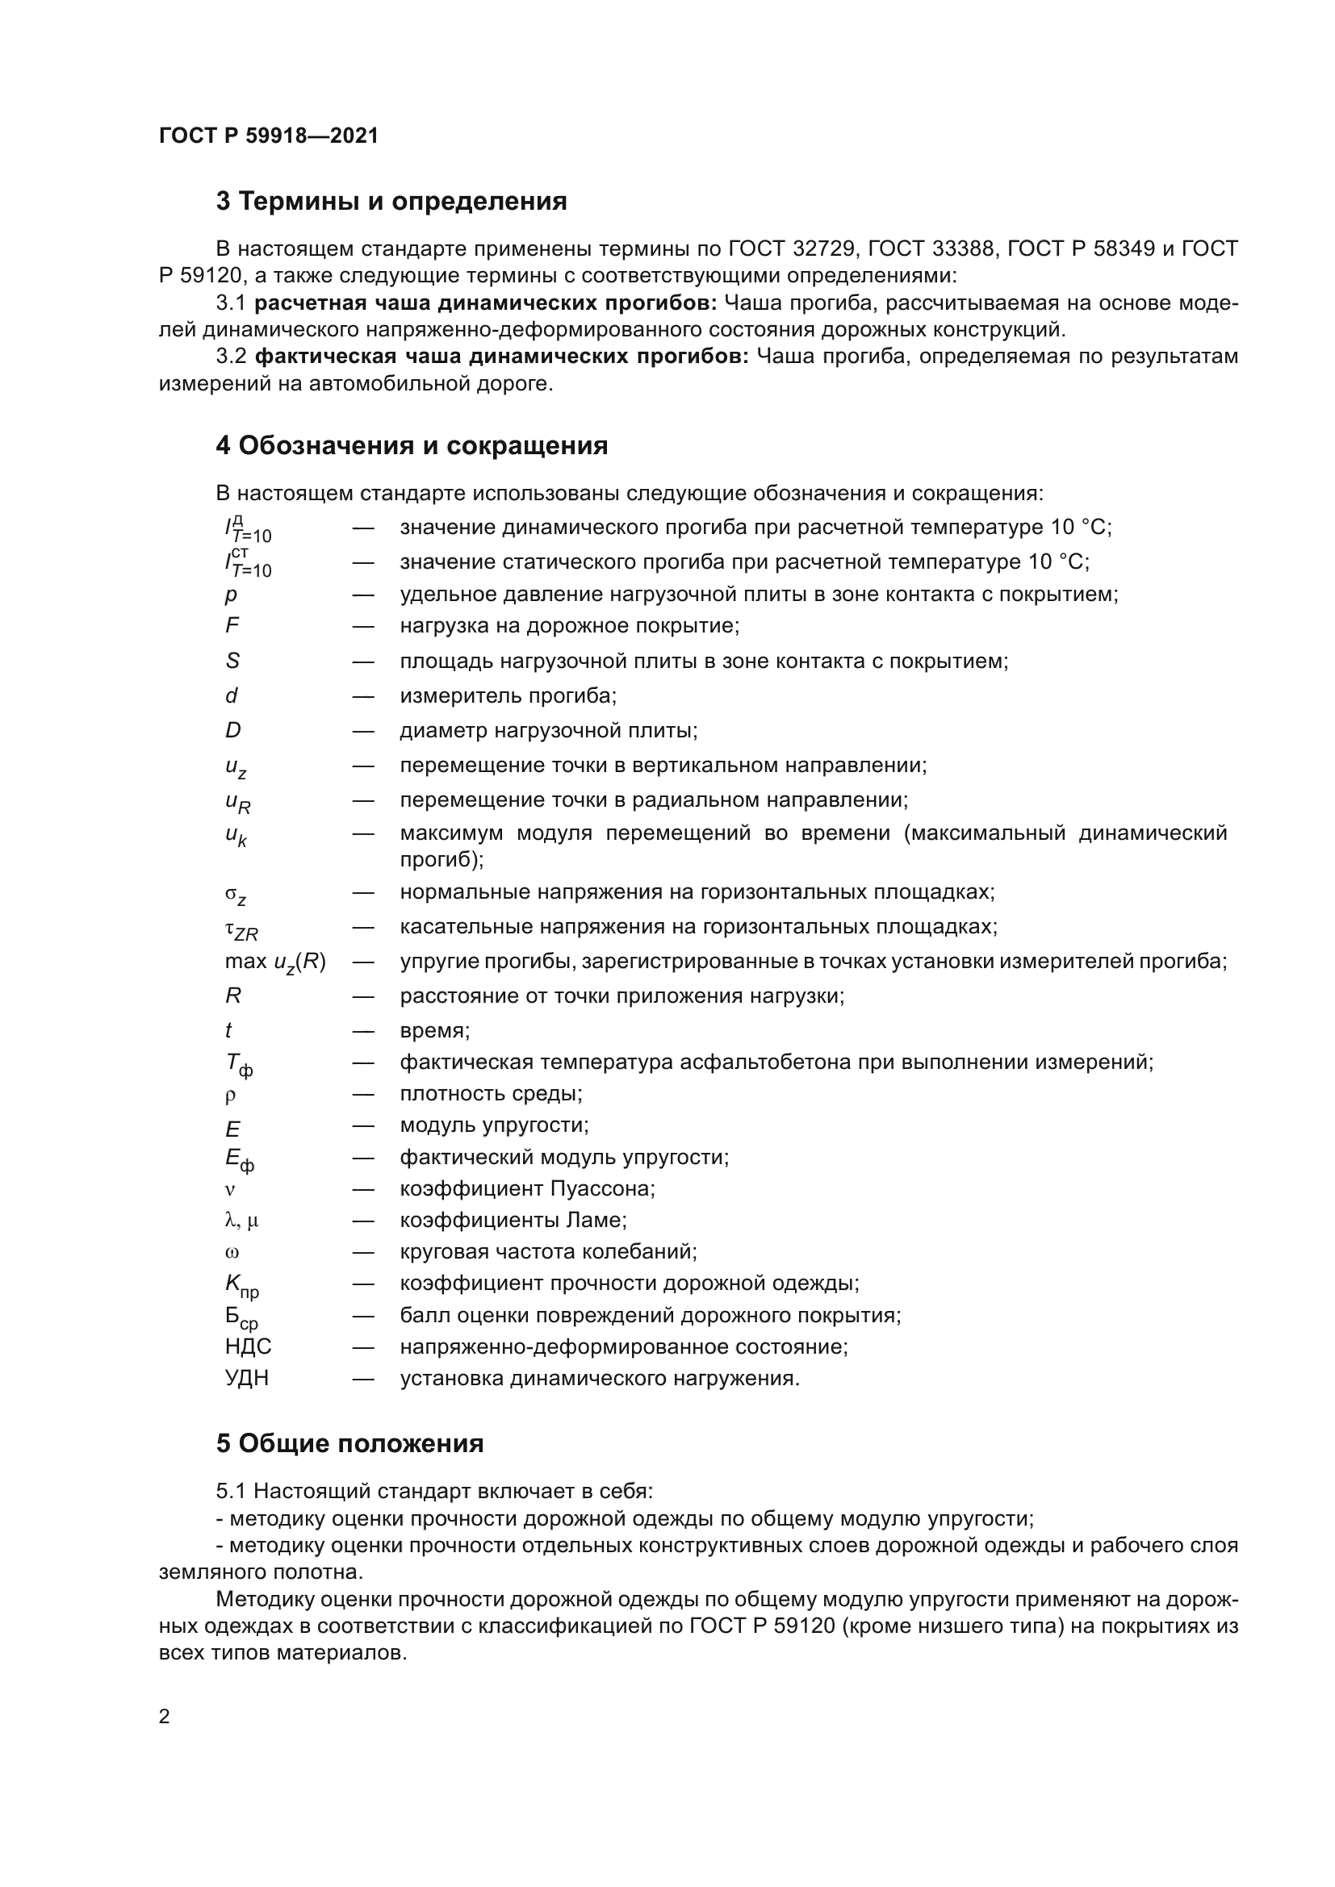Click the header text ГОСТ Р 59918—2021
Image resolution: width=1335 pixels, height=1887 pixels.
269,136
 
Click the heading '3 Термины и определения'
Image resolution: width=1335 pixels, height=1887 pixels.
391,201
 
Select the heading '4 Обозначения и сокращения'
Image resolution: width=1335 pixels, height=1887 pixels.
412,445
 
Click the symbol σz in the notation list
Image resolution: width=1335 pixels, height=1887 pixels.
236,895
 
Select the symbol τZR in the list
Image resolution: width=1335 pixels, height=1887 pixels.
241,929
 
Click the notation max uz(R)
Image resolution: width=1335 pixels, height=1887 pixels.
275,962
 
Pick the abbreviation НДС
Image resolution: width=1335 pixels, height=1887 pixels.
248,1346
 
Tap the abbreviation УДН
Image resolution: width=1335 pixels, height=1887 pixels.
247,1378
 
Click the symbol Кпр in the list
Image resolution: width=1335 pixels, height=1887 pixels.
241,1284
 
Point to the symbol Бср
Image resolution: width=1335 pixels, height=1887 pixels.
241,1317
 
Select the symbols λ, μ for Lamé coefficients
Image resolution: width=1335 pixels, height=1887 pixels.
241,1221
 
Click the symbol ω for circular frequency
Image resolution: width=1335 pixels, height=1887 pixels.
232,1253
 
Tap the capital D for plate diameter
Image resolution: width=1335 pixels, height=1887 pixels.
232,730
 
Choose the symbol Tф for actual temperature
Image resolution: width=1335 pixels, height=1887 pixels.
238,1064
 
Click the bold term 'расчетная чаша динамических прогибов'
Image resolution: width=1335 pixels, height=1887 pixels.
485,303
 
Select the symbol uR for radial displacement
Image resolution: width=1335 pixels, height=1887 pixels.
237,801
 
